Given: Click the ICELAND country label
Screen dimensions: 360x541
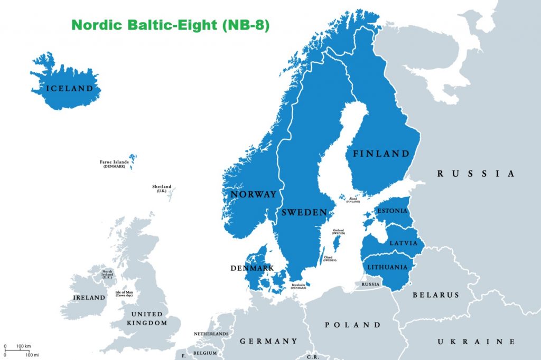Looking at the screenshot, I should pyautogui.click(x=69, y=88).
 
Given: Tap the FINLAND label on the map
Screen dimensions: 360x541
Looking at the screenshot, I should pyautogui.click(x=381, y=154).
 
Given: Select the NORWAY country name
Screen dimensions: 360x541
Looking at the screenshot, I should pyautogui.click(x=253, y=194).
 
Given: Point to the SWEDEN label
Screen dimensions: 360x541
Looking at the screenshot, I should pyautogui.click(x=303, y=212).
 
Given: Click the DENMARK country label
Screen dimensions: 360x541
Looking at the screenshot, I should pyautogui.click(x=252, y=268).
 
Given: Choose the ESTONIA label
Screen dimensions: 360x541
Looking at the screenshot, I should pyautogui.click(x=391, y=211).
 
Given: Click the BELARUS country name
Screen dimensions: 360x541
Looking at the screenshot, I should pyautogui.click(x=436, y=295).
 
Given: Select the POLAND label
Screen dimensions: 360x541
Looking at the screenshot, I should pyautogui.click(x=352, y=325).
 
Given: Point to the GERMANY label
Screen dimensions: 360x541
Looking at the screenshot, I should pyautogui.click(x=268, y=341).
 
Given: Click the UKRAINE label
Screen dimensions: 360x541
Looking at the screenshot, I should pyautogui.click(x=475, y=342).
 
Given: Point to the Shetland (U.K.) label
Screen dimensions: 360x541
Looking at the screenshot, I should pyautogui.click(x=162, y=188).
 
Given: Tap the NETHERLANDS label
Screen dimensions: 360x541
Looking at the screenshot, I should pyautogui.click(x=211, y=334).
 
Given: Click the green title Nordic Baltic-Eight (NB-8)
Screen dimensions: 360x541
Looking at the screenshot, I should pyautogui.click(x=170, y=25).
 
